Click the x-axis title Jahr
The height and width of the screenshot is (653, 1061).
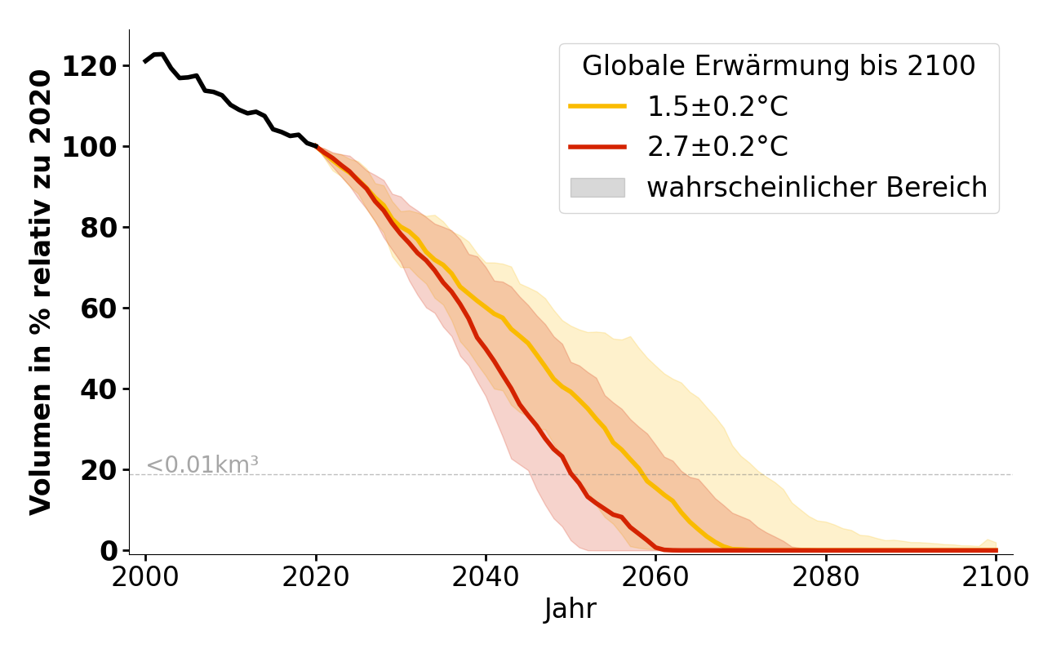570,609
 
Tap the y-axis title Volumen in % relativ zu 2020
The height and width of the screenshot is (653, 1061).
41,291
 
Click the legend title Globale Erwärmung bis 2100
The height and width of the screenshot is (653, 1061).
779,66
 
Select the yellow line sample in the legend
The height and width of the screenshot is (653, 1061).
597,107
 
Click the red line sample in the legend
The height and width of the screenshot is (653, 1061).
597,147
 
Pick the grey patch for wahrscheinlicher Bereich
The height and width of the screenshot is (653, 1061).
597,188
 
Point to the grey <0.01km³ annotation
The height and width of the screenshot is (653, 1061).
202,465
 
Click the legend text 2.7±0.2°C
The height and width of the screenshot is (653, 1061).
717,147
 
